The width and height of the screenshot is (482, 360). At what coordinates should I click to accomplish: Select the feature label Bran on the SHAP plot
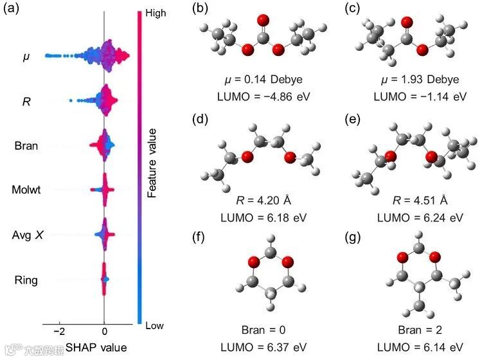tap(26, 145)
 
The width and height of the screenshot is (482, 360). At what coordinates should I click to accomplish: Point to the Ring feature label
tap(26, 280)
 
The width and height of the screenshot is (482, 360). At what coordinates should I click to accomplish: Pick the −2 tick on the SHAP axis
tap(58, 332)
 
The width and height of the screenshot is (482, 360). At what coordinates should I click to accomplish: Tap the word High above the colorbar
tap(156, 12)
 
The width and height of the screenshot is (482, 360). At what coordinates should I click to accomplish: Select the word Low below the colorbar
tap(154, 326)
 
